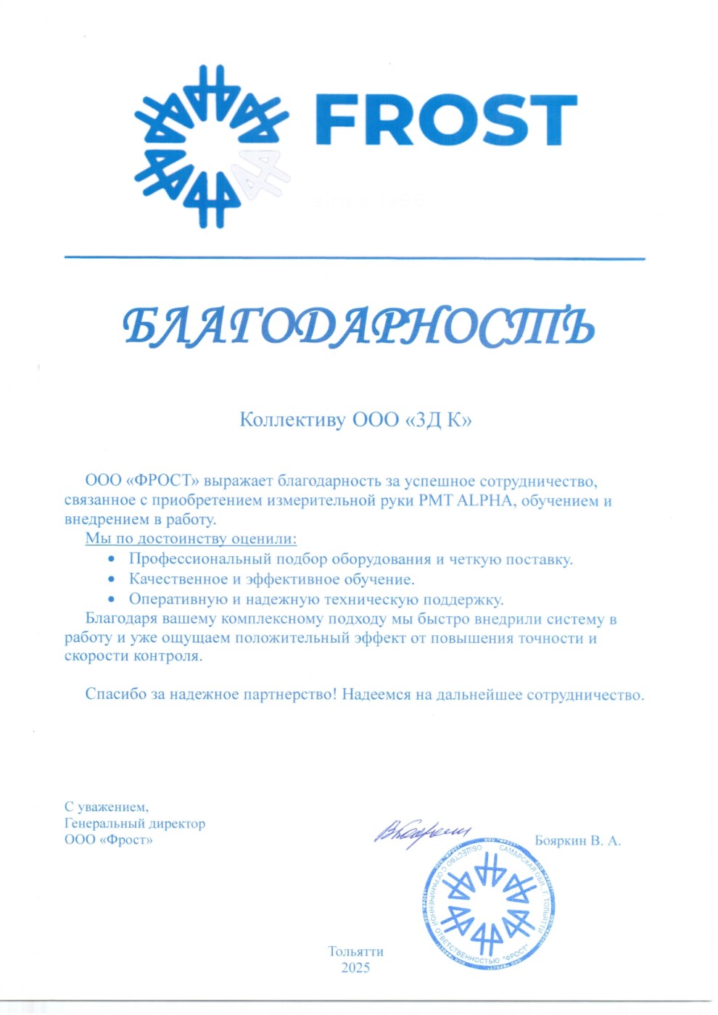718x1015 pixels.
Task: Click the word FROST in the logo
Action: point(445,120)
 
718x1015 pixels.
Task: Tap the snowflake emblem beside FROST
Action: point(211,146)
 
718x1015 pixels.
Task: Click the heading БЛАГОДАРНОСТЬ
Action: point(358,326)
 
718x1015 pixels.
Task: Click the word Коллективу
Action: point(292,420)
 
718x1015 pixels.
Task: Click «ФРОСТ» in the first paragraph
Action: point(162,481)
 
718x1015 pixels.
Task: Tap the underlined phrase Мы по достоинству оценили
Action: point(191,539)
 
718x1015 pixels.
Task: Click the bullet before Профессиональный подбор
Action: point(111,559)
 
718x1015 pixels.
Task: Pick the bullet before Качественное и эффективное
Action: point(111,579)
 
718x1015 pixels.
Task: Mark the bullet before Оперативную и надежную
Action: point(111,600)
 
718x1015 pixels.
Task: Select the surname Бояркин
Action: point(560,841)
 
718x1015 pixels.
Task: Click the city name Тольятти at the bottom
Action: point(355,951)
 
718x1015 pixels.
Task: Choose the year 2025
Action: point(355,968)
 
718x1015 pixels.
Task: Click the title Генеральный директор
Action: point(135,824)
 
